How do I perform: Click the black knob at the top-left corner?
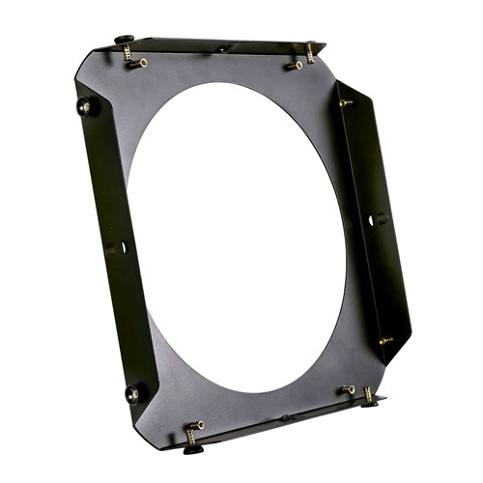[x=125, y=40]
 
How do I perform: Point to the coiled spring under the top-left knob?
[x=128, y=53]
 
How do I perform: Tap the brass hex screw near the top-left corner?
[x=140, y=64]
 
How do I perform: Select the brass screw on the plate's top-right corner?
[x=296, y=65]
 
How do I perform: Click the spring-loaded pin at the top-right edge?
[x=311, y=50]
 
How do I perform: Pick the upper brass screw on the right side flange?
[x=345, y=101]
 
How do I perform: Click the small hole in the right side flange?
[x=372, y=220]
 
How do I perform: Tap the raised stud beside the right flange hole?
[x=379, y=219]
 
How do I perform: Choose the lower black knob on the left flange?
[x=132, y=392]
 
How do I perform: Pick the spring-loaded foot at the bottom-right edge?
[x=368, y=397]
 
